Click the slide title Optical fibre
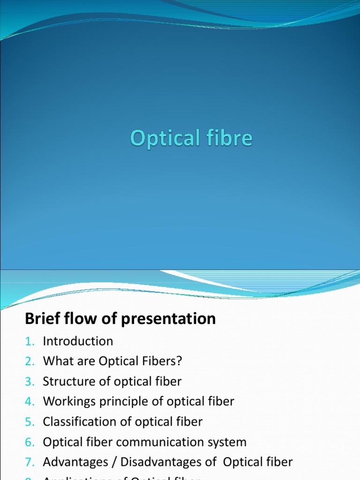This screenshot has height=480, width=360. click(191, 139)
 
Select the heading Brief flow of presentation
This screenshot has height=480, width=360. click(120, 319)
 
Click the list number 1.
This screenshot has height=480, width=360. click(29, 341)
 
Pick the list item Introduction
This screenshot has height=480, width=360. click(78, 341)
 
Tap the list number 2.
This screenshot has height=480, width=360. click(30, 361)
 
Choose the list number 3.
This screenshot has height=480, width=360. click(30, 382)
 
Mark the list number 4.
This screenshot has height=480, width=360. click(30, 402)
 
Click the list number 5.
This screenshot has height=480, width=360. click(30, 422)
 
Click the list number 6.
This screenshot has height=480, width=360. click(30, 442)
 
